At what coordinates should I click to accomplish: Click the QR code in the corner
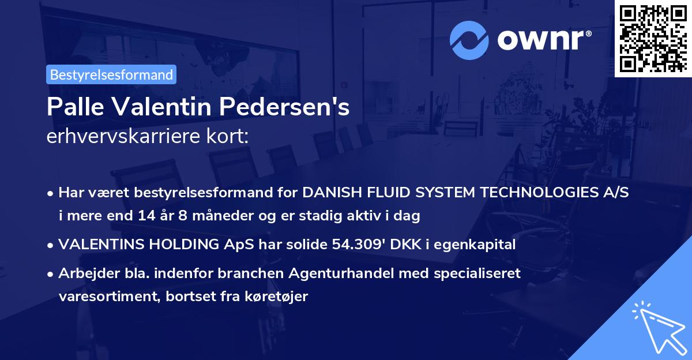[653, 38]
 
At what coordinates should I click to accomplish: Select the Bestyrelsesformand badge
[111, 74]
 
